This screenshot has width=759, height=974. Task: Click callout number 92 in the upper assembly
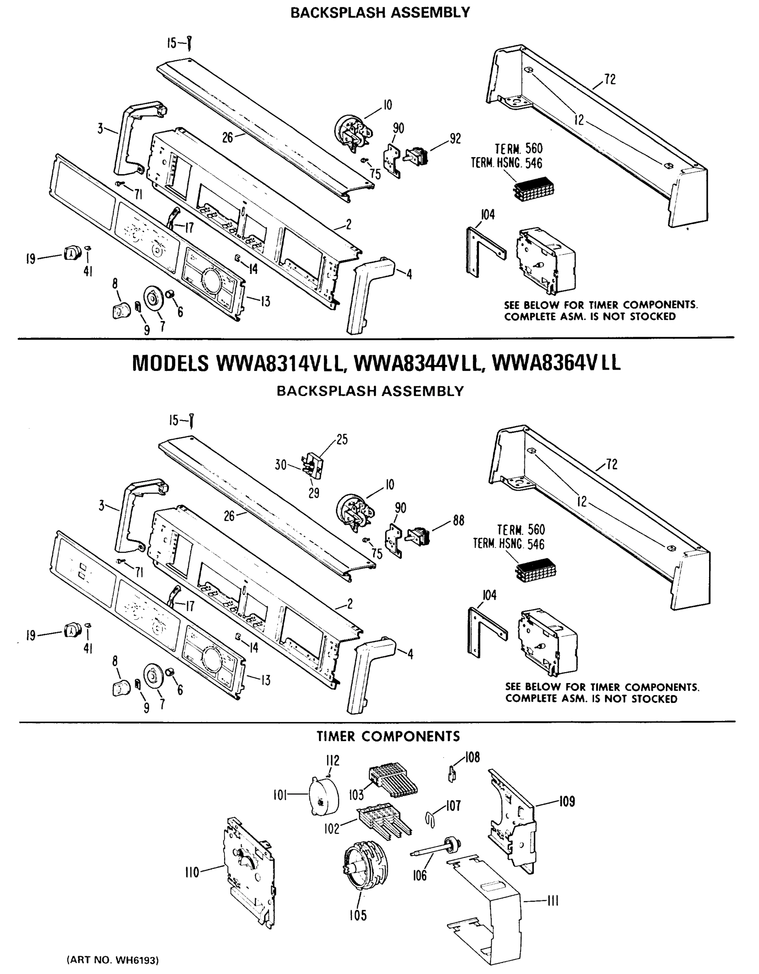[x=455, y=138]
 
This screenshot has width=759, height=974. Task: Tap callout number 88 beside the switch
[x=458, y=520]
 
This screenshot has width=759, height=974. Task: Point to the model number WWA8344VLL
[x=418, y=364]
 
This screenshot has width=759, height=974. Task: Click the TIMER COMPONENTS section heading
[x=388, y=736]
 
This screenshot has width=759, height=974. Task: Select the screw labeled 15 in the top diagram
[x=190, y=44]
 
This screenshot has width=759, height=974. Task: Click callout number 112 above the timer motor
[x=333, y=760]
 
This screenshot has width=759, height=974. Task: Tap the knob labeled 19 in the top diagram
[x=72, y=253]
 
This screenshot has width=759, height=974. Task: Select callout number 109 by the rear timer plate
[x=567, y=802]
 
